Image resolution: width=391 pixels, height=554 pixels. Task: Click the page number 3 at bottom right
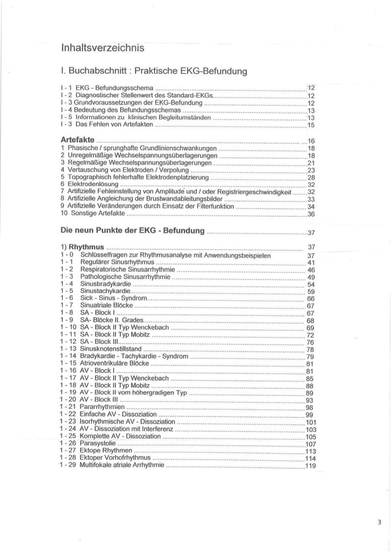[x=379, y=522]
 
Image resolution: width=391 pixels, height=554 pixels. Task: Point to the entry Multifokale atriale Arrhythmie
[x=122, y=465]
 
